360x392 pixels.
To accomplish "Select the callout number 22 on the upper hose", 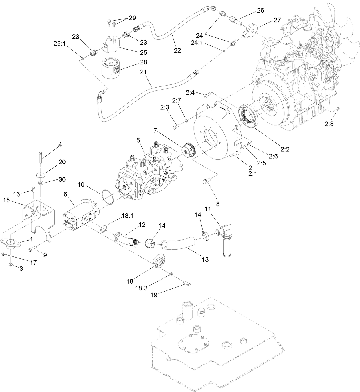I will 177,50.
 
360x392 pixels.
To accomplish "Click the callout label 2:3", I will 165,107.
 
